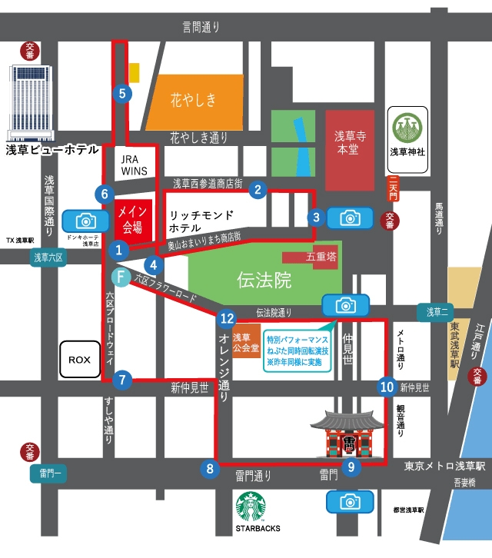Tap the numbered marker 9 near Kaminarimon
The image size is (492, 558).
point(351,466)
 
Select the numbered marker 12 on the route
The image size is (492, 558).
point(226,318)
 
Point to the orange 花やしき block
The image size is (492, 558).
point(193,101)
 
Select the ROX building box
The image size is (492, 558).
point(80,359)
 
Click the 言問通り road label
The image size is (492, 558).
point(201,28)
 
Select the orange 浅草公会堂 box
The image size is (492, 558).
point(246,342)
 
